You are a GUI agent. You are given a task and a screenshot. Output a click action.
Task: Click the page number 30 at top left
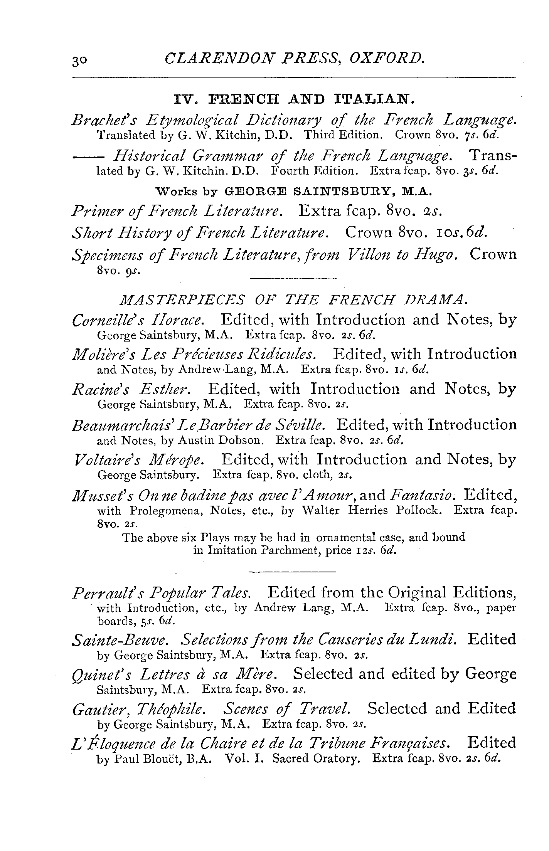[79, 61]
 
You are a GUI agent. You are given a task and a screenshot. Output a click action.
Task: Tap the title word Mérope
[182, 460]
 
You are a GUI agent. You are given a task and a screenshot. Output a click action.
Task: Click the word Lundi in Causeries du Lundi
[436, 639]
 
